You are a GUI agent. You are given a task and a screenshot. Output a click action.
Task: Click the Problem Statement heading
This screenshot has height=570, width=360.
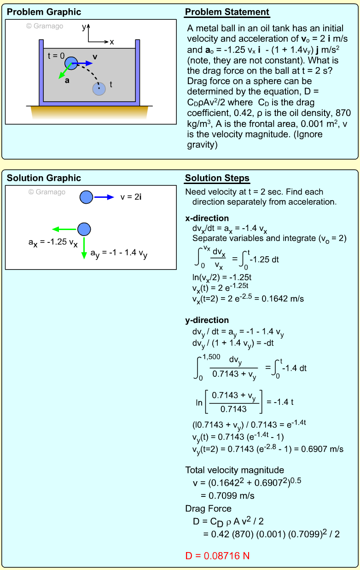coord(227,12)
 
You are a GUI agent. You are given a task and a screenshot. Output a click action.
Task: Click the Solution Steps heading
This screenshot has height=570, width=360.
coord(217,178)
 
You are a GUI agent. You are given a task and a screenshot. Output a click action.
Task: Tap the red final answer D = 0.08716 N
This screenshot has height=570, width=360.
coord(217,556)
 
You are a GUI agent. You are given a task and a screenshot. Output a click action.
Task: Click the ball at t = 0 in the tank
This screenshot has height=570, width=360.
coord(70,63)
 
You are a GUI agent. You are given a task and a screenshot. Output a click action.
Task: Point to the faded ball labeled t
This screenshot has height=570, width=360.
coord(99,89)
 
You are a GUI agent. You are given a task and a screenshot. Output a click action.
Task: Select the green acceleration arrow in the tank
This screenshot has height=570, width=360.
coord(66,71)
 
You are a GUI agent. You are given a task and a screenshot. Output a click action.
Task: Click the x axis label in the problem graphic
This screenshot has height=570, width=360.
coord(111,42)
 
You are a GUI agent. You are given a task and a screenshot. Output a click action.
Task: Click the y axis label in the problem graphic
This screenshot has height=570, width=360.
coord(84,27)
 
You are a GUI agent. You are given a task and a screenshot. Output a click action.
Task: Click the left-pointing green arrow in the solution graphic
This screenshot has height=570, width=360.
coord(64,229)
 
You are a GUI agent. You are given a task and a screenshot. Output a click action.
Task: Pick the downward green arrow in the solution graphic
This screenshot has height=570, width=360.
coord(84,248)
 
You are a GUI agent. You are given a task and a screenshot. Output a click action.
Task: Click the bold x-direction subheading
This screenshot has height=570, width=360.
coord(207,219)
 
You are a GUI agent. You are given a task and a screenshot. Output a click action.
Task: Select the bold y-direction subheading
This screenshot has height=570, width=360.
coord(207,320)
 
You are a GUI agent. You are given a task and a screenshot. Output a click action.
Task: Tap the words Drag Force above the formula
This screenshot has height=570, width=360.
coord(208,509)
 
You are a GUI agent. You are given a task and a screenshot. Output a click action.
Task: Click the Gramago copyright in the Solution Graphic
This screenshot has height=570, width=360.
coord(47,192)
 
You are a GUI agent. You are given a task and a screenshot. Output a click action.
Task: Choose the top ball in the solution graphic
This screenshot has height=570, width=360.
coord(87,197)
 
